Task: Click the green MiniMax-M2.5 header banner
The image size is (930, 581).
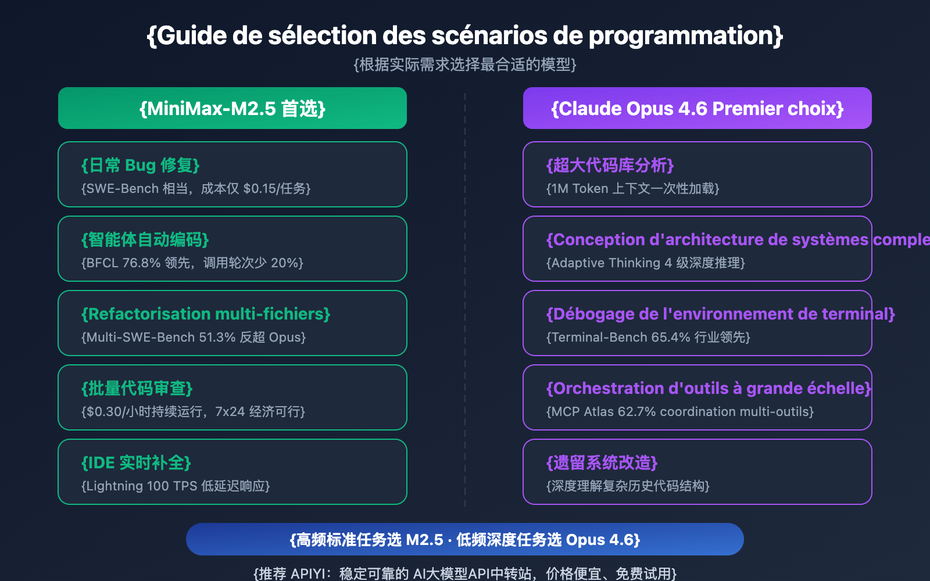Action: [x=233, y=108]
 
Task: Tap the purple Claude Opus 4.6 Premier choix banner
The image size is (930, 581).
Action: [x=697, y=108]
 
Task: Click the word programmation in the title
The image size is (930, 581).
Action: [x=681, y=35]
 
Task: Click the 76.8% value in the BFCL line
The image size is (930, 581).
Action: [x=141, y=263]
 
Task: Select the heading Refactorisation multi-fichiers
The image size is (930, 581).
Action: [x=206, y=314]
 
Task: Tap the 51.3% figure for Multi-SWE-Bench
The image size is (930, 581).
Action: [x=217, y=338]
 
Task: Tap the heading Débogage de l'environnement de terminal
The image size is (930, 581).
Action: [x=720, y=314]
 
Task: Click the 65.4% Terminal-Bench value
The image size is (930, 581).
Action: [x=671, y=338]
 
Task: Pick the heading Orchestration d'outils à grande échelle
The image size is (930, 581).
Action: [x=709, y=389]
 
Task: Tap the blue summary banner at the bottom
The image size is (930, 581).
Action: [x=465, y=539]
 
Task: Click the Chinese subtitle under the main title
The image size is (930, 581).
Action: [x=465, y=64]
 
